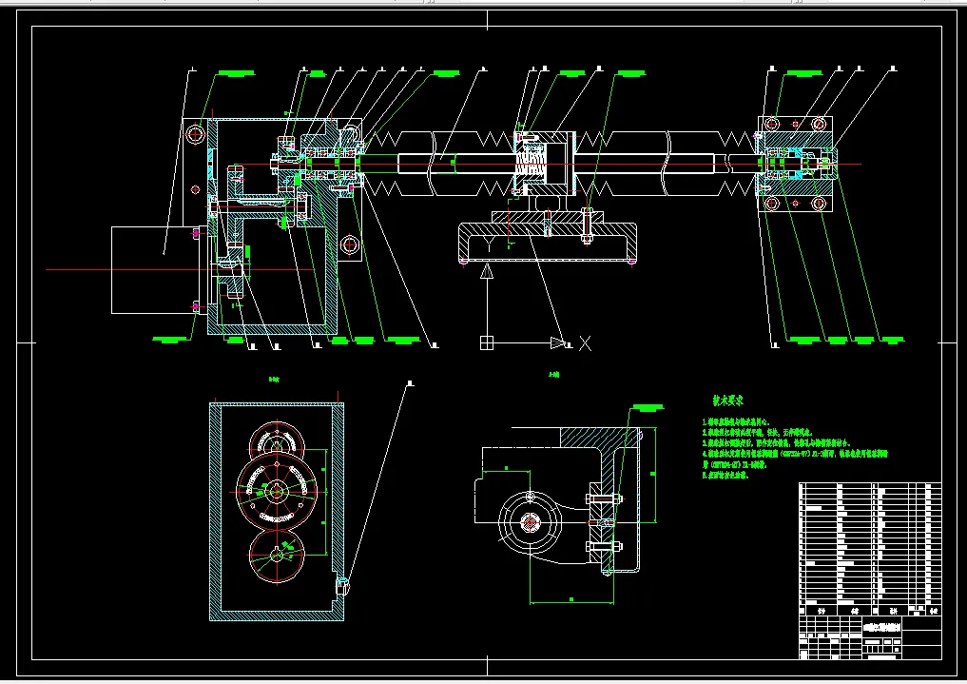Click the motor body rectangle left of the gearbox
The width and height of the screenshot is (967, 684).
click(x=153, y=269)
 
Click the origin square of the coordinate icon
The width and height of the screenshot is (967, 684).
click(x=487, y=342)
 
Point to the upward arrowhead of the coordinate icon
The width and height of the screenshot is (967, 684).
click(x=487, y=272)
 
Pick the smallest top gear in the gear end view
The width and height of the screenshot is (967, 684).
click(x=275, y=443)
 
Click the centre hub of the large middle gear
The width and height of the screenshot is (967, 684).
click(x=276, y=491)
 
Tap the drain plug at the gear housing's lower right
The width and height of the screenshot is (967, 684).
click(x=342, y=583)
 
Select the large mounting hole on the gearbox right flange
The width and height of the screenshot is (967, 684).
click(x=350, y=244)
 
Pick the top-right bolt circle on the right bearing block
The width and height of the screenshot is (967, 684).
click(x=817, y=124)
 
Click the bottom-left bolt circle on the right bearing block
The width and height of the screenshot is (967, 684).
click(x=771, y=204)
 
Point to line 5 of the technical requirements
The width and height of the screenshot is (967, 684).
click(x=726, y=474)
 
